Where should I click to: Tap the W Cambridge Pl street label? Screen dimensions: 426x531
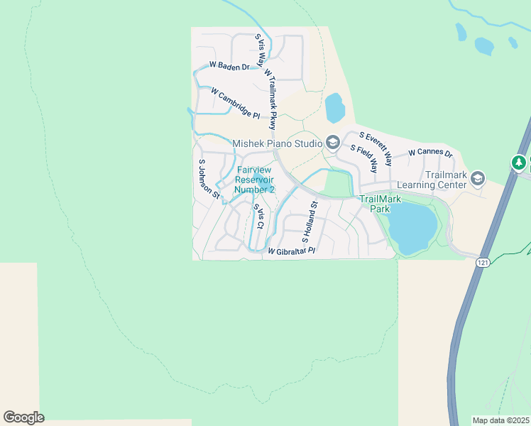(x=236, y=103)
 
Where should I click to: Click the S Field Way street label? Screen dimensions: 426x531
(x=364, y=158)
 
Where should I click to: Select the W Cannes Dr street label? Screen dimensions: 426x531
(x=431, y=153)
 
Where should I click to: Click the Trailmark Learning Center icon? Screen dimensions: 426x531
(x=477, y=178)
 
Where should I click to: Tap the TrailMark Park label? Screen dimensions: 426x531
(x=376, y=204)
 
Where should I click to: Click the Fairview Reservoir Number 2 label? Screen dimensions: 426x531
(x=255, y=180)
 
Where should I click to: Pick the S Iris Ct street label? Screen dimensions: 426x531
(x=259, y=216)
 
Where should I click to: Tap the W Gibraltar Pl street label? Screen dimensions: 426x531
(x=291, y=251)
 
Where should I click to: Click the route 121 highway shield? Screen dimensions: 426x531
(x=483, y=263)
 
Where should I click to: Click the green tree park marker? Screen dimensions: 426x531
(x=520, y=163)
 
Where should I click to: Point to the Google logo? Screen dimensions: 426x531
(x=23, y=417)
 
